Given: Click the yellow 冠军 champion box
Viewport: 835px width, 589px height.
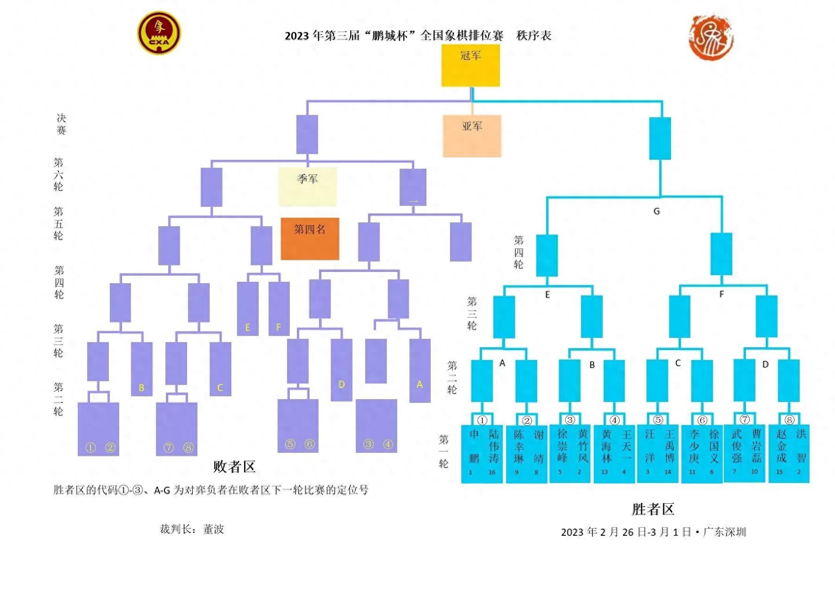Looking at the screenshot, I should click(470, 65).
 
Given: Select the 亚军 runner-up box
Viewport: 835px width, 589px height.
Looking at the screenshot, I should click(472, 136).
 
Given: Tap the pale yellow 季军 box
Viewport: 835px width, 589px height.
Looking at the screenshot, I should click(307, 187).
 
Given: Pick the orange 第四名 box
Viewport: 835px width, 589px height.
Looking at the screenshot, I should click(310, 238).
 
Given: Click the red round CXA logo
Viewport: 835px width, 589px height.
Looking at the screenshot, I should click(159, 33).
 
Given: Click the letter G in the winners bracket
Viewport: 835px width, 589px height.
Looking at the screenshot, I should click(656, 211).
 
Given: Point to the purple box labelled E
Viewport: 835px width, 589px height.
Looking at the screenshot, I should click(247, 309).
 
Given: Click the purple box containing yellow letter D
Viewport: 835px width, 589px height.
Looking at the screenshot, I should click(341, 369).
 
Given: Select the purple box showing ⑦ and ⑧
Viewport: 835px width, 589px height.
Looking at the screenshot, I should click(177, 429).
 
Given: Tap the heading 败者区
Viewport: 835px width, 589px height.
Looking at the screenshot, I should click(234, 466).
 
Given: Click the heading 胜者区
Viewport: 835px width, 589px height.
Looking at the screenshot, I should click(653, 509).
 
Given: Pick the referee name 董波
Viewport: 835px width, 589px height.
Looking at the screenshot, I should click(213, 529).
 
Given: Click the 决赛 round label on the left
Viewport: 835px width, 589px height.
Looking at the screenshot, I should click(61, 124).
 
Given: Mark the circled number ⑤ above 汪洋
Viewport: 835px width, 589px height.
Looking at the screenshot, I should click(658, 420).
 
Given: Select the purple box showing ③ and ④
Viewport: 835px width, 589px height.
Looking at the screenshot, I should click(376, 425).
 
